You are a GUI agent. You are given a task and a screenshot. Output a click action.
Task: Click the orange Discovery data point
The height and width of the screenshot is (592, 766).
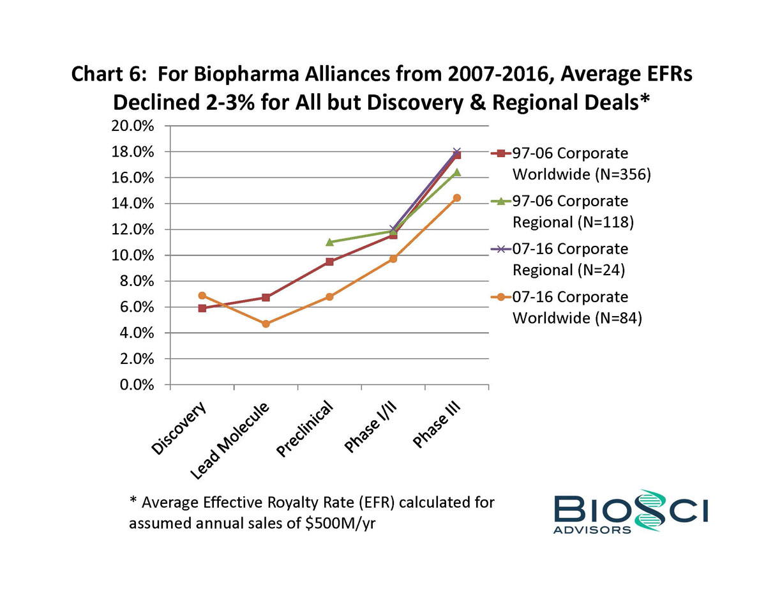tap(202, 296)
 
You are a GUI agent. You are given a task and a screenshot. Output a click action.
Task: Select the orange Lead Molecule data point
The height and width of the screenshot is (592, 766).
tap(266, 324)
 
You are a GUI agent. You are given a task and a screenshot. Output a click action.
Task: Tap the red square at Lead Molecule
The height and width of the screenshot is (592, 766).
tap(266, 298)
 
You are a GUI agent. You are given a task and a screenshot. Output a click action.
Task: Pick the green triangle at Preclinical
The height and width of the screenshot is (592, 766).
tap(329, 242)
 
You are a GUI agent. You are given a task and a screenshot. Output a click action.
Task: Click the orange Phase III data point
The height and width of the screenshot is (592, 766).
tap(456, 198)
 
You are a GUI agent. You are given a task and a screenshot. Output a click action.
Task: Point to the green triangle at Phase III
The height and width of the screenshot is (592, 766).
tap(456, 172)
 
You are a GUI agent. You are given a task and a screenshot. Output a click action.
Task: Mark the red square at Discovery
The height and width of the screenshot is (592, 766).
tap(202, 308)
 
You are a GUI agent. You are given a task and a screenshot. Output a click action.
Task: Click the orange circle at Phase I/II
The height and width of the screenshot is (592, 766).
tap(393, 259)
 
